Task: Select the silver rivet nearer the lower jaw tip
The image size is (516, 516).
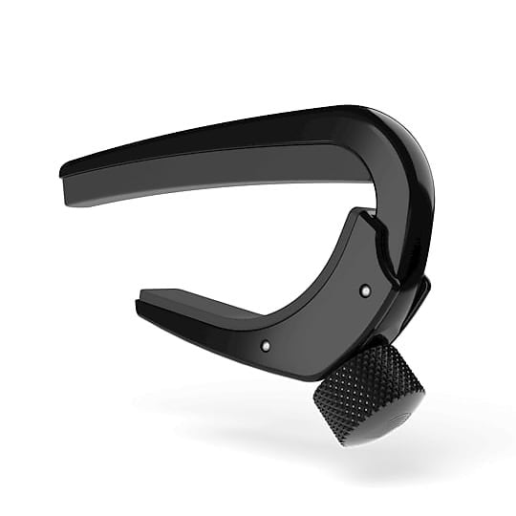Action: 265,344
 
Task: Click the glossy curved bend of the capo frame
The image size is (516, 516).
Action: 406,162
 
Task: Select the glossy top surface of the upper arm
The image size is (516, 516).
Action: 239,134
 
